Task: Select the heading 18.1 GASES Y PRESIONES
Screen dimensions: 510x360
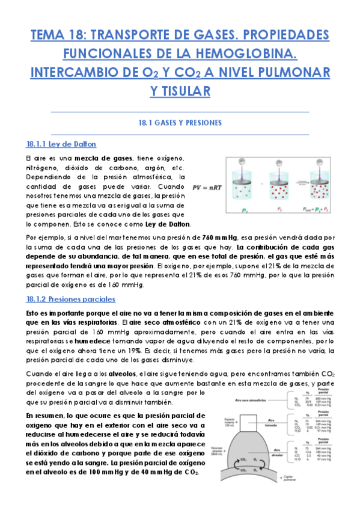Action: click(180, 123)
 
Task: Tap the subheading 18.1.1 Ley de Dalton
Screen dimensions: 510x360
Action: click(61, 144)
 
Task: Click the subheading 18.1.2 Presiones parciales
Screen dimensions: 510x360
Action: click(71, 299)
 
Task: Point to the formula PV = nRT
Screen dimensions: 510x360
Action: click(207, 187)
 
